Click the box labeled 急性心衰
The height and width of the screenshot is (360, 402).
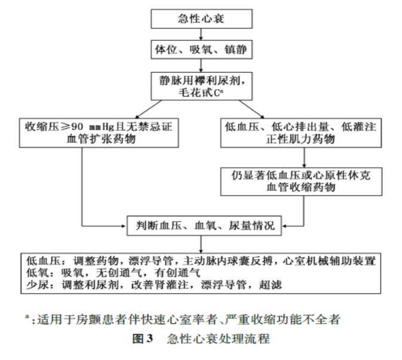(201, 19)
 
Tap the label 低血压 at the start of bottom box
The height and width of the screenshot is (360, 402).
(39, 260)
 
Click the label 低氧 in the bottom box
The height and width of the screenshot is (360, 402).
(35, 272)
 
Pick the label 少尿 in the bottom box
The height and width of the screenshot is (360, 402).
(35, 284)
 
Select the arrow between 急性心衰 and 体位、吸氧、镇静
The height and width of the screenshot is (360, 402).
(201, 33)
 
